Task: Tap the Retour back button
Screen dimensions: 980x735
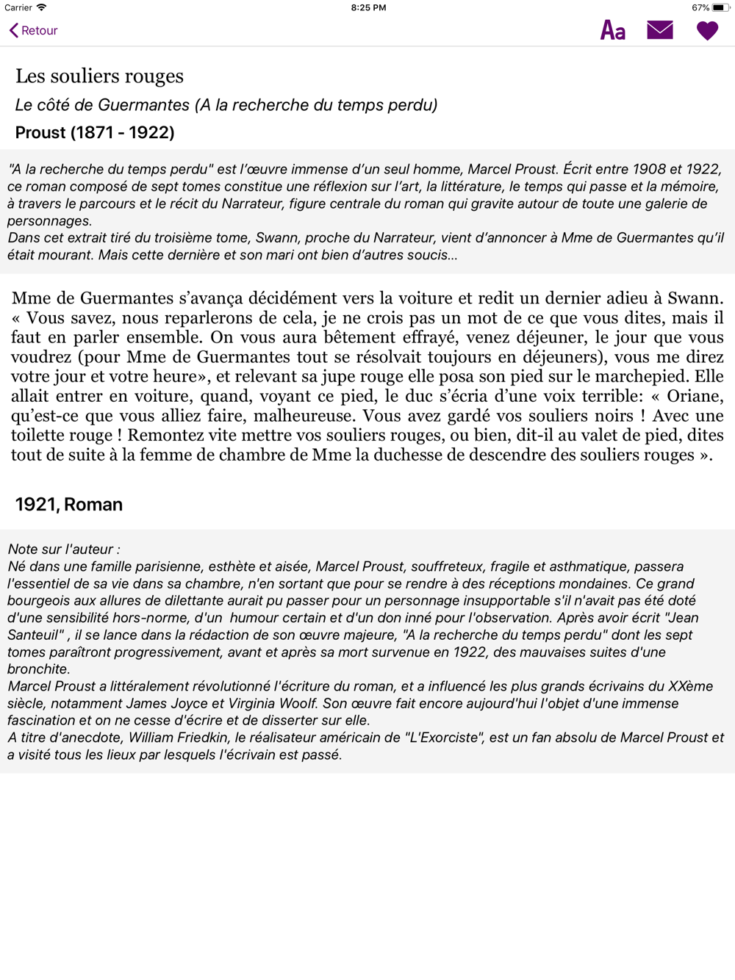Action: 34,30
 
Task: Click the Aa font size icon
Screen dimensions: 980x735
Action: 613,30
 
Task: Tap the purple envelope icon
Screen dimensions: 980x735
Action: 660,30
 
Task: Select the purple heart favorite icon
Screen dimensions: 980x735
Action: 707,31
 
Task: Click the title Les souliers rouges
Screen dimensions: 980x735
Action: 99,76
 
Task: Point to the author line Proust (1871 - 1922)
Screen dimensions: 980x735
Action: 95,132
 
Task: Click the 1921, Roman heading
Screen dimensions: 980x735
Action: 69,504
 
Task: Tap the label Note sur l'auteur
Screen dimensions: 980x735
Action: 63,549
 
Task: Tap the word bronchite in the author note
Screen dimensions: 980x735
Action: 37,669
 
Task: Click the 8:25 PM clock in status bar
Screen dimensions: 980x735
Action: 368,7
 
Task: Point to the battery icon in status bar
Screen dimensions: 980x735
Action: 720,7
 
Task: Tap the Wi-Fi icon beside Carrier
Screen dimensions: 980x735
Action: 42,7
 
